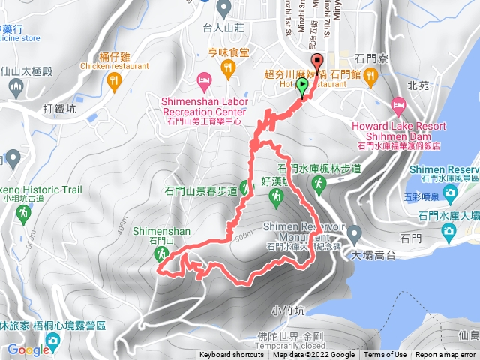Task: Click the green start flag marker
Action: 303,88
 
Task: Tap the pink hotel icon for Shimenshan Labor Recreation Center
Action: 202,80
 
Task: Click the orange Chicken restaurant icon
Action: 114,80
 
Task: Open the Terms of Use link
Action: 385,355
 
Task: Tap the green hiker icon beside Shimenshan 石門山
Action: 160,256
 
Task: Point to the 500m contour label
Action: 243,234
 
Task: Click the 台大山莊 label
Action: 223,28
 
